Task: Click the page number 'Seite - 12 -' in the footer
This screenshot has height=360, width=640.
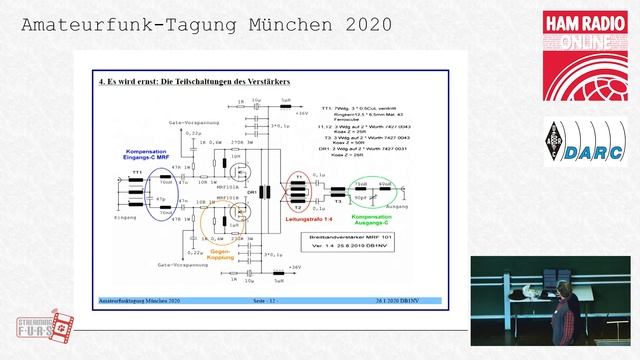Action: pyautogui.click(x=270, y=299)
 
